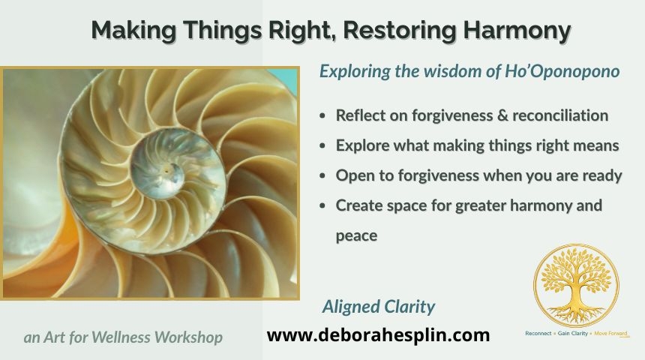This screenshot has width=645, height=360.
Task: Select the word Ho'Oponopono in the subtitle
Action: click(562, 71)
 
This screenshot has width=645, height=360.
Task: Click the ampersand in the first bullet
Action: click(502, 115)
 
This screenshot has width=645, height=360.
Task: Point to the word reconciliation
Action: click(560, 115)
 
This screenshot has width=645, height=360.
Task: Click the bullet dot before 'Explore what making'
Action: click(322, 145)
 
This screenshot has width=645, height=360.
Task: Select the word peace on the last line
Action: click(356, 236)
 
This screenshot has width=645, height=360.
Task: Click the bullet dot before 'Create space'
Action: click(322, 205)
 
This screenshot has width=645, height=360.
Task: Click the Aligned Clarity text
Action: click(379, 307)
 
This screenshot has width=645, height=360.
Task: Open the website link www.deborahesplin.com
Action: click(378, 335)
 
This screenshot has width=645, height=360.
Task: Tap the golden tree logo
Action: click(576, 286)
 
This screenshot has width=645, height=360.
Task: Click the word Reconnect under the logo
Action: click(538, 333)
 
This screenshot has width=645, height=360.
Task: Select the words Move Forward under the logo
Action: click(610, 333)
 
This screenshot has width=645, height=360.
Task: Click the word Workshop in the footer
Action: click(188, 337)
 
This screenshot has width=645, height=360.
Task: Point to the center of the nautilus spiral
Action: click(166, 169)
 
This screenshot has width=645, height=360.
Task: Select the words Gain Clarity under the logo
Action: click(572, 333)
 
